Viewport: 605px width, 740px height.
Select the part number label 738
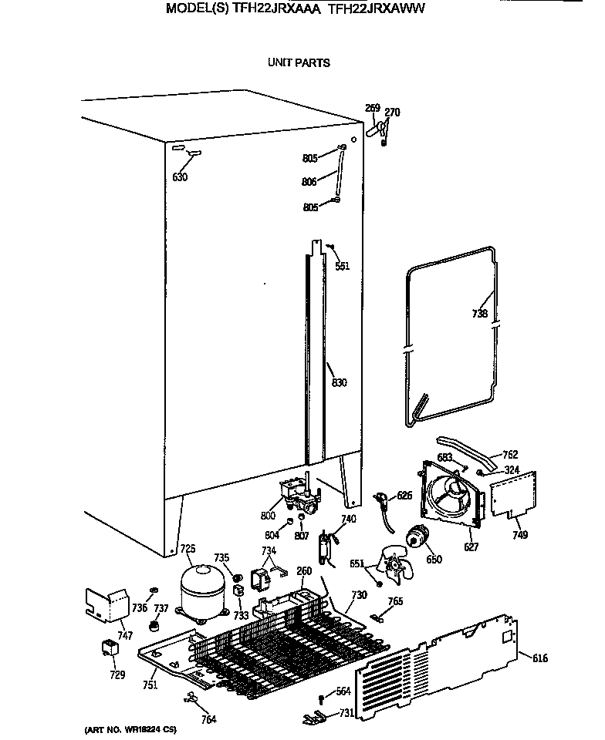(x=479, y=313)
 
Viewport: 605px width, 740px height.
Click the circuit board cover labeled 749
(x=513, y=493)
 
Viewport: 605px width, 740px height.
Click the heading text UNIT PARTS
(x=299, y=62)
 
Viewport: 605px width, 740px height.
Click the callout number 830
(x=339, y=383)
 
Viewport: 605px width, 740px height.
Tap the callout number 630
(x=179, y=177)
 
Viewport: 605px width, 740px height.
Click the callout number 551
(x=342, y=266)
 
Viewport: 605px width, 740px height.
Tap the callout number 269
(x=372, y=108)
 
